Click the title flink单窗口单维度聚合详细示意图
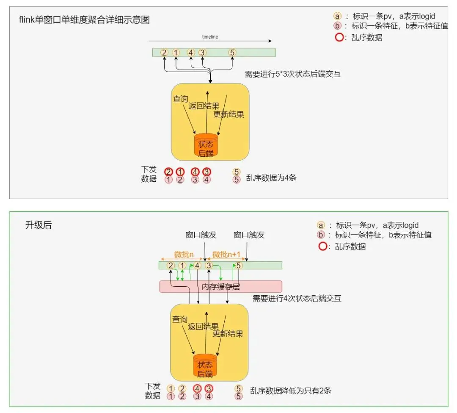[84, 20]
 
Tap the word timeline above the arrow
[210, 37]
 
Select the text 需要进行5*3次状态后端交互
[293, 74]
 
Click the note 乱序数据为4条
[271, 177]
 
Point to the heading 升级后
[39, 225]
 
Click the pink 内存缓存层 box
[220, 286]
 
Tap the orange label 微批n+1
[226, 254]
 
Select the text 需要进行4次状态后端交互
[297, 298]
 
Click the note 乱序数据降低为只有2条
[291, 391]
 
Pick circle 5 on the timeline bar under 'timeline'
[232, 53]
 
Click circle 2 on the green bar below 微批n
[171, 266]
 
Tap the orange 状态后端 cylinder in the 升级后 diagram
[205, 366]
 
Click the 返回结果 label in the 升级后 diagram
[203, 326]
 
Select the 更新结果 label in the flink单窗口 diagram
[228, 114]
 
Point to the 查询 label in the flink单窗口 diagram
[180, 99]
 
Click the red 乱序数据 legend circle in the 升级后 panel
[322, 246]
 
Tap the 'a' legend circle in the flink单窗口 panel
[337, 16]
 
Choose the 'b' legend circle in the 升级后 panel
[321, 235]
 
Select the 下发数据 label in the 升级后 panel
[153, 391]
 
